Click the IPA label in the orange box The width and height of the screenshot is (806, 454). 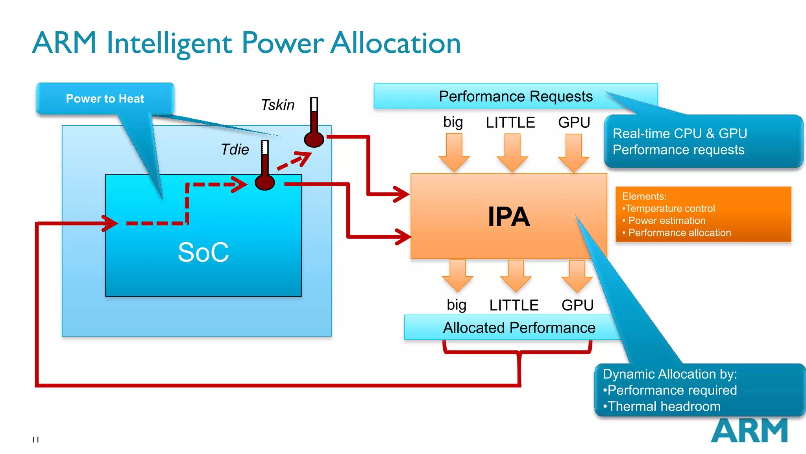tap(508, 217)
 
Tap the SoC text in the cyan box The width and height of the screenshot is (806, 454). tap(203, 252)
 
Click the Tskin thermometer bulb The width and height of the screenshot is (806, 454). tap(314, 140)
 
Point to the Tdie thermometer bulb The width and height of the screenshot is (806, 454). tap(264, 182)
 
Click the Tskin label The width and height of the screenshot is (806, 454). tap(277, 105)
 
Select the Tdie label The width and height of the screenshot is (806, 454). tap(235, 150)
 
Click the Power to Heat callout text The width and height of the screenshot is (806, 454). tap(105, 99)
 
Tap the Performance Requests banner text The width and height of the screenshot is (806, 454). tap(516, 97)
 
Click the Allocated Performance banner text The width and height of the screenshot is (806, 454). tap(519, 328)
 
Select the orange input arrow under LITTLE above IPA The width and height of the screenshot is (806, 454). tap(512, 153)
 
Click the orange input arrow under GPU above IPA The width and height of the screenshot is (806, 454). tap(573, 153)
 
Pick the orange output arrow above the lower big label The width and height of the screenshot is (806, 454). tap(457, 275)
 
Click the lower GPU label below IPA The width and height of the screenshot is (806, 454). tap(577, 305)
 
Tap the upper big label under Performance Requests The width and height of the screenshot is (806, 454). tap(453, 123)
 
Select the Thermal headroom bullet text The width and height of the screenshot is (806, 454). tap(664, 406)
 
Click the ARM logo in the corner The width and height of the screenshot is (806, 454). tap(749, 431)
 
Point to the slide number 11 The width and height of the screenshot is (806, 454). tap(36, 439)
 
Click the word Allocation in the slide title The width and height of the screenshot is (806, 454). tap(395, 43)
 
